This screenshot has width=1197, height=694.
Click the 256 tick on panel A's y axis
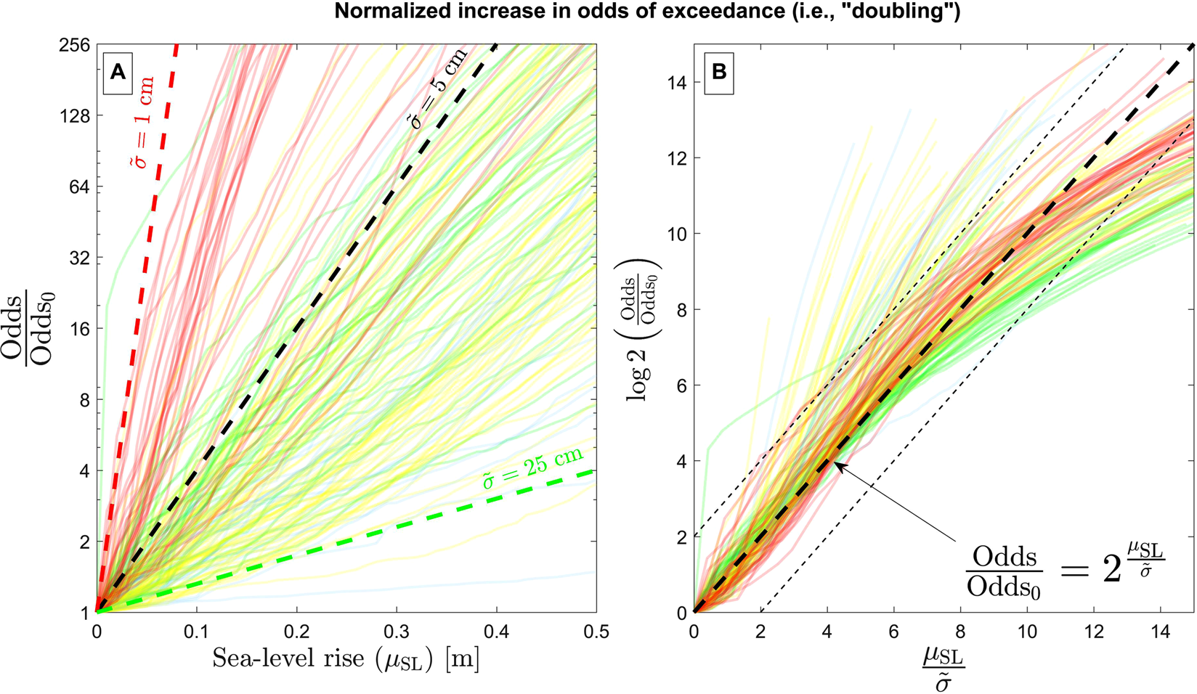(x=75, y=45)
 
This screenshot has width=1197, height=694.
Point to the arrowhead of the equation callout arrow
(x=835, y=464)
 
